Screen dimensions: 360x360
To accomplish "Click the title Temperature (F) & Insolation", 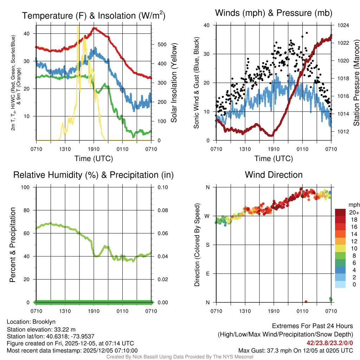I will tap(94, 15).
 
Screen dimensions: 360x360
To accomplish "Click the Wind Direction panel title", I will tap(274, 175).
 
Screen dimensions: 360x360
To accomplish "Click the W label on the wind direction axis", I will tap(207, 216).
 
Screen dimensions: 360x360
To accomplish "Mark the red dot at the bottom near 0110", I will tap(306, 302).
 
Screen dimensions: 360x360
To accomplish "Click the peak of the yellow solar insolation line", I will tap(78, 27).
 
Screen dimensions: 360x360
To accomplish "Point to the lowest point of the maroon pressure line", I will tap(271, 135).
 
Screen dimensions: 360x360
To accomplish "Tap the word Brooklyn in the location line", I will tap(44, 322).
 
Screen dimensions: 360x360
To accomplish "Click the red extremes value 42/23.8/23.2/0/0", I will tap(330, 343).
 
